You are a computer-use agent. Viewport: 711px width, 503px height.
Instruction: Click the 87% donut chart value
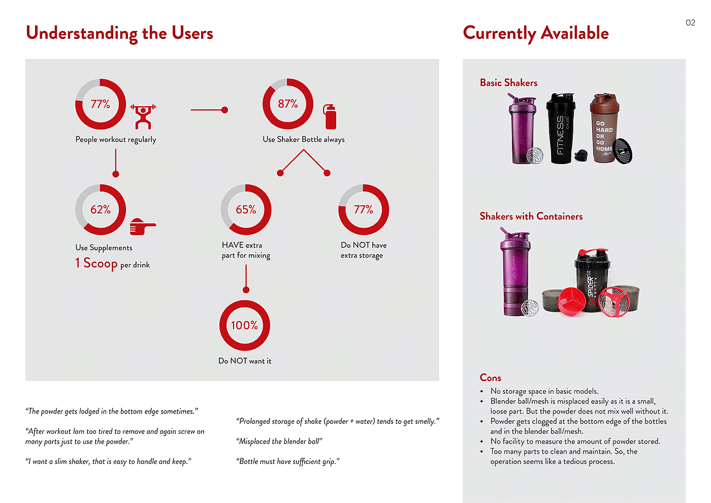tap(287, 104)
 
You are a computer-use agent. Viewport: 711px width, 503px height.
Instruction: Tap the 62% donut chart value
tap(101, 210)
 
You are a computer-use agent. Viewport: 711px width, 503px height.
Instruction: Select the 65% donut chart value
tap(246, 210)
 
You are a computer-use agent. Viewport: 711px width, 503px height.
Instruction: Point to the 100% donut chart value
tap(245, 325)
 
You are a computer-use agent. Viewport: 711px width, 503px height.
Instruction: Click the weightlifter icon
tap(143, 116)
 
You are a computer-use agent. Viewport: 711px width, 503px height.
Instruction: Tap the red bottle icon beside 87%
tap(330, 116)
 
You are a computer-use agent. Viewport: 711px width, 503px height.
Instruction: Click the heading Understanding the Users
tap(119, 33)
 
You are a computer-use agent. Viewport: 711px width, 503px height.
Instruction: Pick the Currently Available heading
tap(536, 33)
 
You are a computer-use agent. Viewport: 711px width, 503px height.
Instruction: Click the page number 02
tap(690, 22)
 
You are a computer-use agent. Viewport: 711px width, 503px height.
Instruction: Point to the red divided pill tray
tap(570, 300)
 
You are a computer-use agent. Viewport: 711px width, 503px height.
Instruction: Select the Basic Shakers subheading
tap(508, 83)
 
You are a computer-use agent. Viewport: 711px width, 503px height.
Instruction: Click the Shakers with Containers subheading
tap(531, 216)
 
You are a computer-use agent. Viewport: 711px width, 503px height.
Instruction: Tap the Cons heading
tap(491, 378)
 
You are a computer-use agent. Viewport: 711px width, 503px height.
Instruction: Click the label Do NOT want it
tap(245, 361)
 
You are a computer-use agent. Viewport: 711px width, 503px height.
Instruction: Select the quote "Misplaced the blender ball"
tap(279, 442)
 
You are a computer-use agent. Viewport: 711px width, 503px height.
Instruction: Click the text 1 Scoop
tap(96, 263)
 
